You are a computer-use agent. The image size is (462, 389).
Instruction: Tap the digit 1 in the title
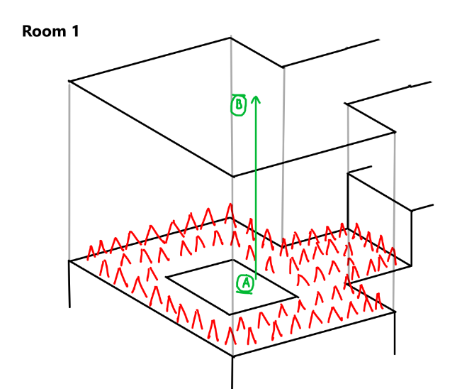[76, 32]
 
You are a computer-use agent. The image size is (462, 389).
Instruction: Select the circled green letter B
[239, 105]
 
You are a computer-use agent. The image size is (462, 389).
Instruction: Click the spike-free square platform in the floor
[230, 285]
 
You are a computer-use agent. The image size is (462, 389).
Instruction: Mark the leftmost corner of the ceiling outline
[69, 82]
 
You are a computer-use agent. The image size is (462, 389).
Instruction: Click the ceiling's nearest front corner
[232, 176]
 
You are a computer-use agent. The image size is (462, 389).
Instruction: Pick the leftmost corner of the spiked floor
[69, 261]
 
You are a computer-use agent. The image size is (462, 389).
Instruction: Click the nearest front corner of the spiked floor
[232, 356]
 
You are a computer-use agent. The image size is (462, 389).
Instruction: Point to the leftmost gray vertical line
[69, 170]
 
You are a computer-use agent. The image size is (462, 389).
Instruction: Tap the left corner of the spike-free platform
[165, 276]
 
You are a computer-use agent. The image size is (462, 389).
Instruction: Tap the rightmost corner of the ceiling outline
[395, 131]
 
